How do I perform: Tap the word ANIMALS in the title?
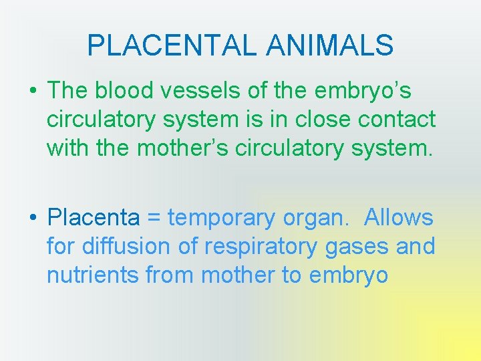[329, 45]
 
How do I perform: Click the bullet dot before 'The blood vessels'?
[33, 90]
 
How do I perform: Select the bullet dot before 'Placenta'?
[33, 218]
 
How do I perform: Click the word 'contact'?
[397, 120]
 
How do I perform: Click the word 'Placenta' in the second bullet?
[93, 218]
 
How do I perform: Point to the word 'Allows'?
[399, 218]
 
